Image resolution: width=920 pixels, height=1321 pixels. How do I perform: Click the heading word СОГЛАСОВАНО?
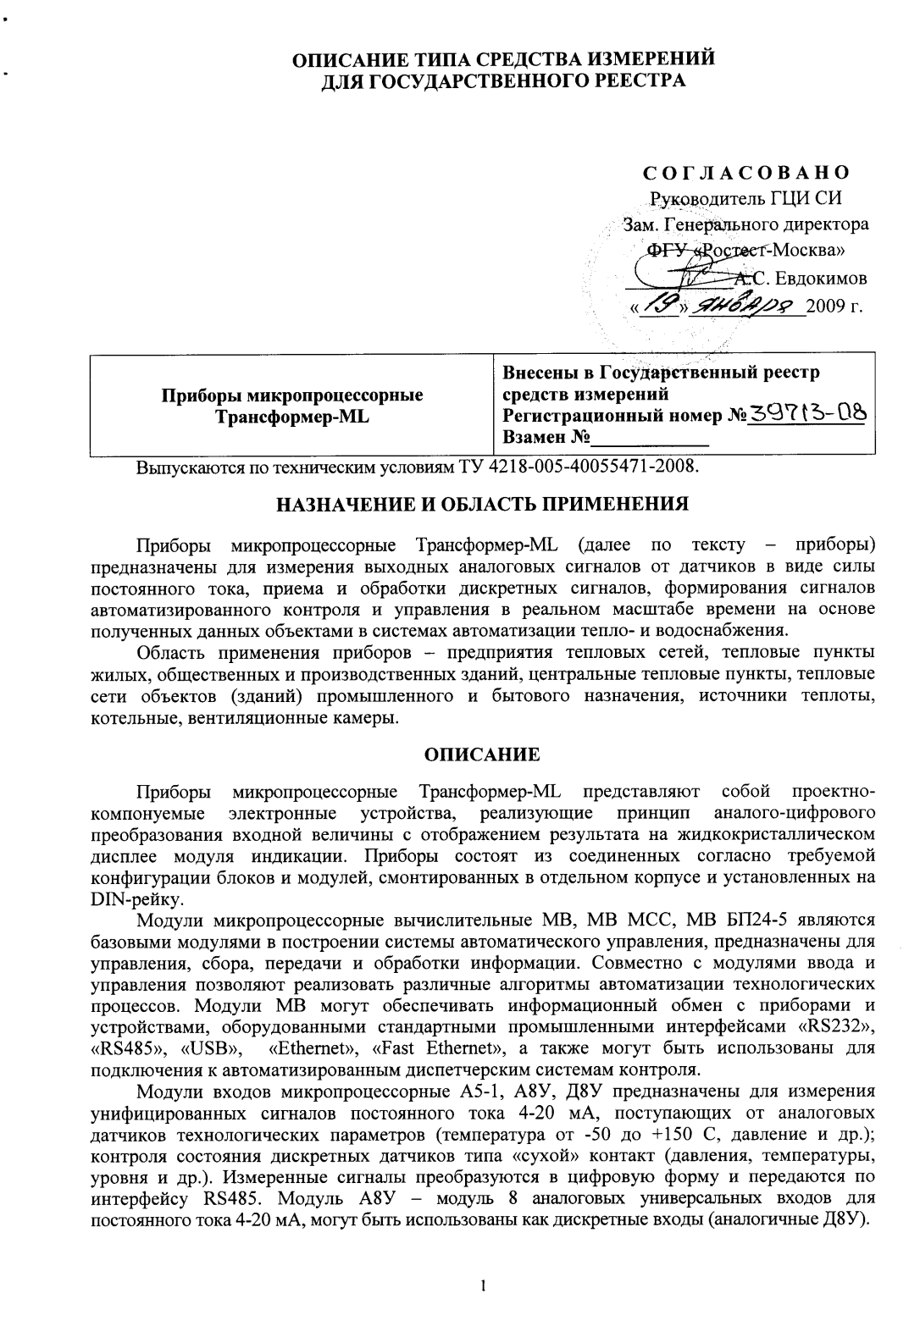click(x=745, y=174)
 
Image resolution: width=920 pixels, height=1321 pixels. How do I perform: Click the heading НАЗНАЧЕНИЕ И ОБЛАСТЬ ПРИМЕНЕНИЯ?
click(x=483, y=504)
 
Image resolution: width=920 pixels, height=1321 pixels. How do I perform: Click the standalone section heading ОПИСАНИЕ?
click(x=481, y=754)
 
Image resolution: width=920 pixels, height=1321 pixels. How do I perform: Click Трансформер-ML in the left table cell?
click(x=291, y=415)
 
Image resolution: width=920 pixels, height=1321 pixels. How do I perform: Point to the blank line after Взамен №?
click(x=650, y=439)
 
